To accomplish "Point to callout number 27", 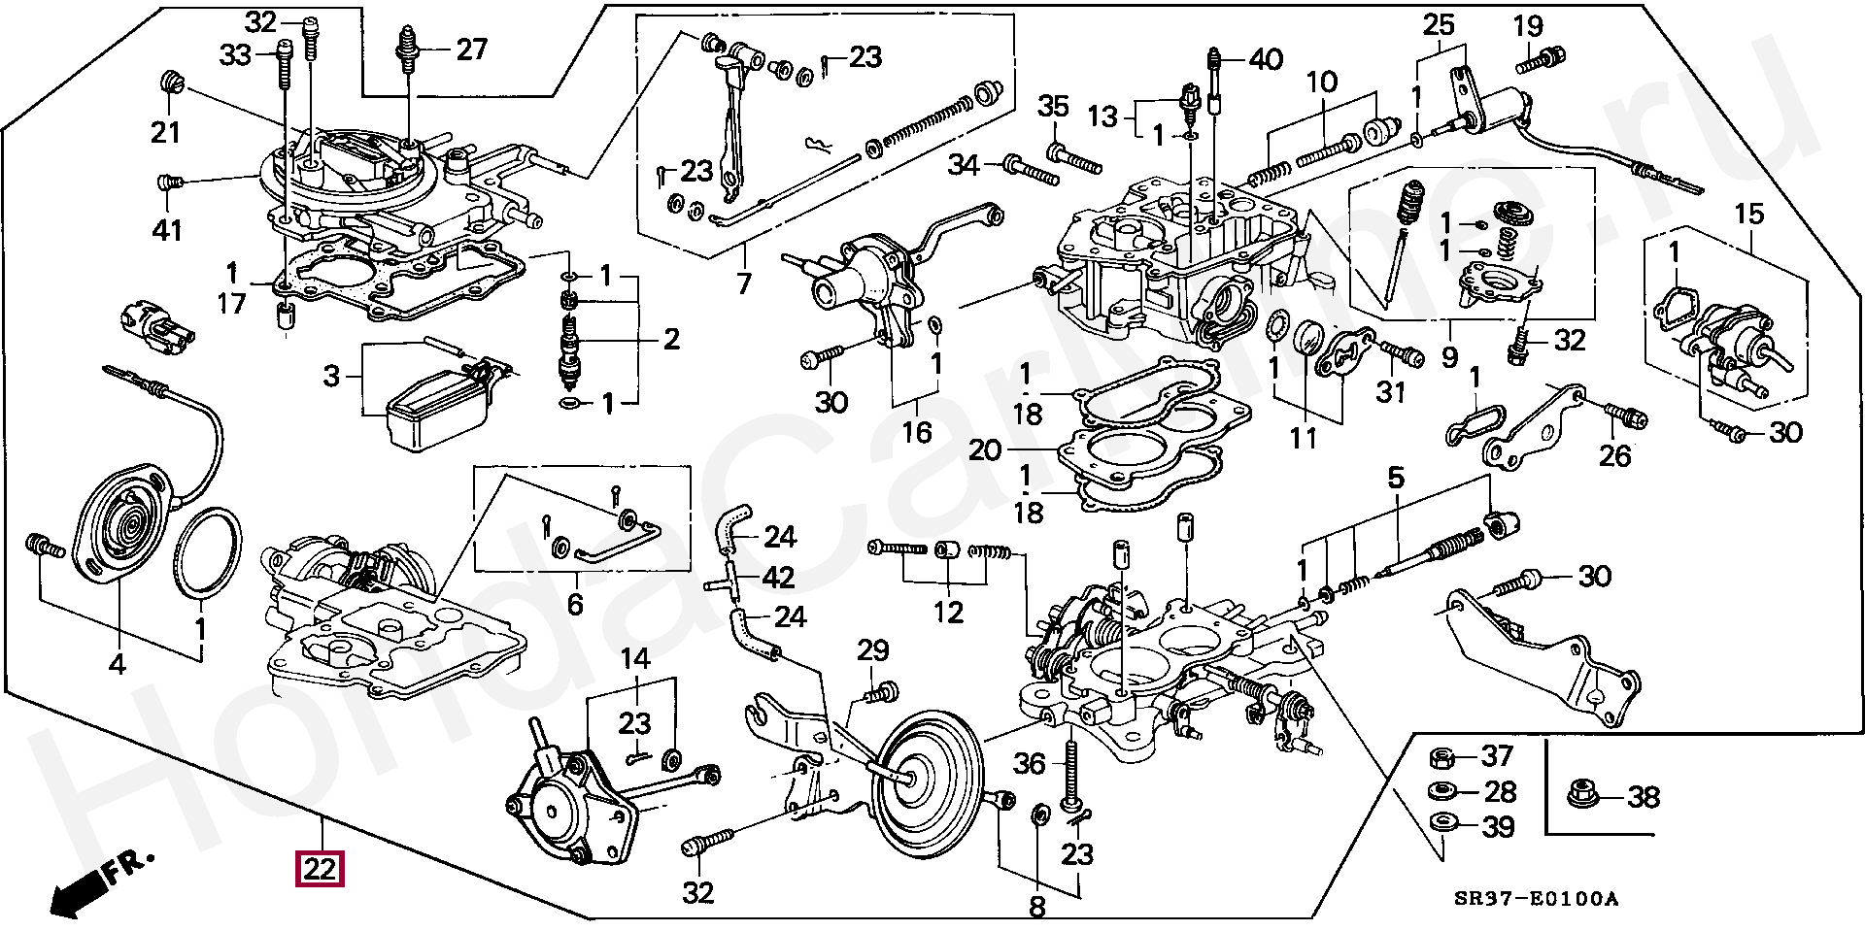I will click(471, 49).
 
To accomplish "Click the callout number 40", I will click(1265, 59).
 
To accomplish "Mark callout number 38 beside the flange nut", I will click(1643, 798).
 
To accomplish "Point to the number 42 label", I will click(778, 577).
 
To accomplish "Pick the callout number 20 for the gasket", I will click(984, 450).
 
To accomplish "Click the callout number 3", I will click(332, 375).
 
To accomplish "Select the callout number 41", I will click(166, 231).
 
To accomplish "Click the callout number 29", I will click(873, 651).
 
